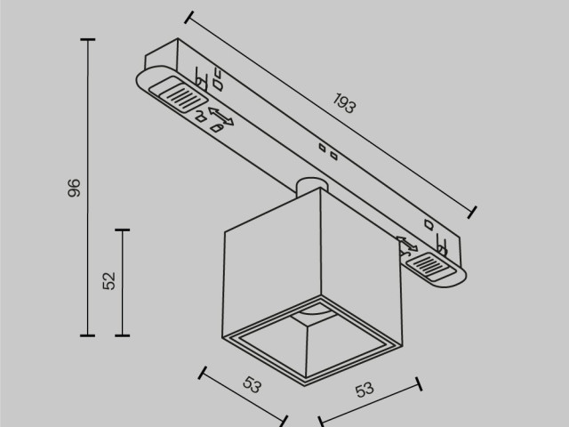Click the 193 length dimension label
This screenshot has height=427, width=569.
point(345,105)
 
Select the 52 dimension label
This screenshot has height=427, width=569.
point(109,281)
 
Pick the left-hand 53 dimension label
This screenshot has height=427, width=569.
point(252,386)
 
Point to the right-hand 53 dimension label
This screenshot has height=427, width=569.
point(365,389)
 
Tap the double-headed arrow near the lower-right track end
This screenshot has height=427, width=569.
point(406,244)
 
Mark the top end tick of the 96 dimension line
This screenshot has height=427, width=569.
point(87,40)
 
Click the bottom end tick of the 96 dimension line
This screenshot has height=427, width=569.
point(87,335)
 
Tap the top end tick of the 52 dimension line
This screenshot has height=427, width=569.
point(123,230)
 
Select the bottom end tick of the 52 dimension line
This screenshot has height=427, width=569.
point(123,335)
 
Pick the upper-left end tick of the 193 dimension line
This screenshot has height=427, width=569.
point(189,16)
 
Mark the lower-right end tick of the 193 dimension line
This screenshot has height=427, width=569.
point(472,211)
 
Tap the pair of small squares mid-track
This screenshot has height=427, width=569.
point(327,151)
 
